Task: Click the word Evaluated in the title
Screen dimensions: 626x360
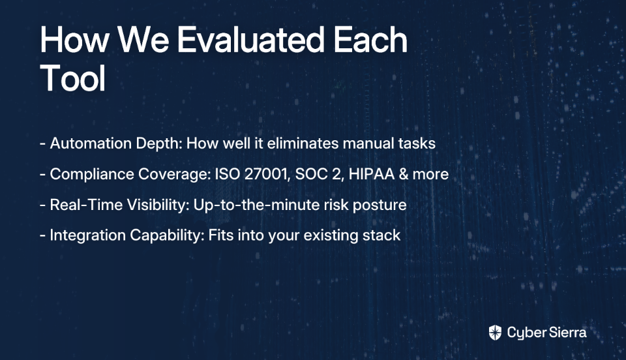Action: (250, 40)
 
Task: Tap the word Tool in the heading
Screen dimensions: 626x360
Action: (72, 78)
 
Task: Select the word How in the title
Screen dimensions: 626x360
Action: (74, 40)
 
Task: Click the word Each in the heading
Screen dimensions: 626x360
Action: (370, 40)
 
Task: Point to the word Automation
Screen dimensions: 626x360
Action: (91, 143)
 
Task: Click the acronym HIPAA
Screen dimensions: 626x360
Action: (371, 174)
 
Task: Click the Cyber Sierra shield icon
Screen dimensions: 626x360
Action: (495, 333)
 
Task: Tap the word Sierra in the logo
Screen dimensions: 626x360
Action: (567, 333)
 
